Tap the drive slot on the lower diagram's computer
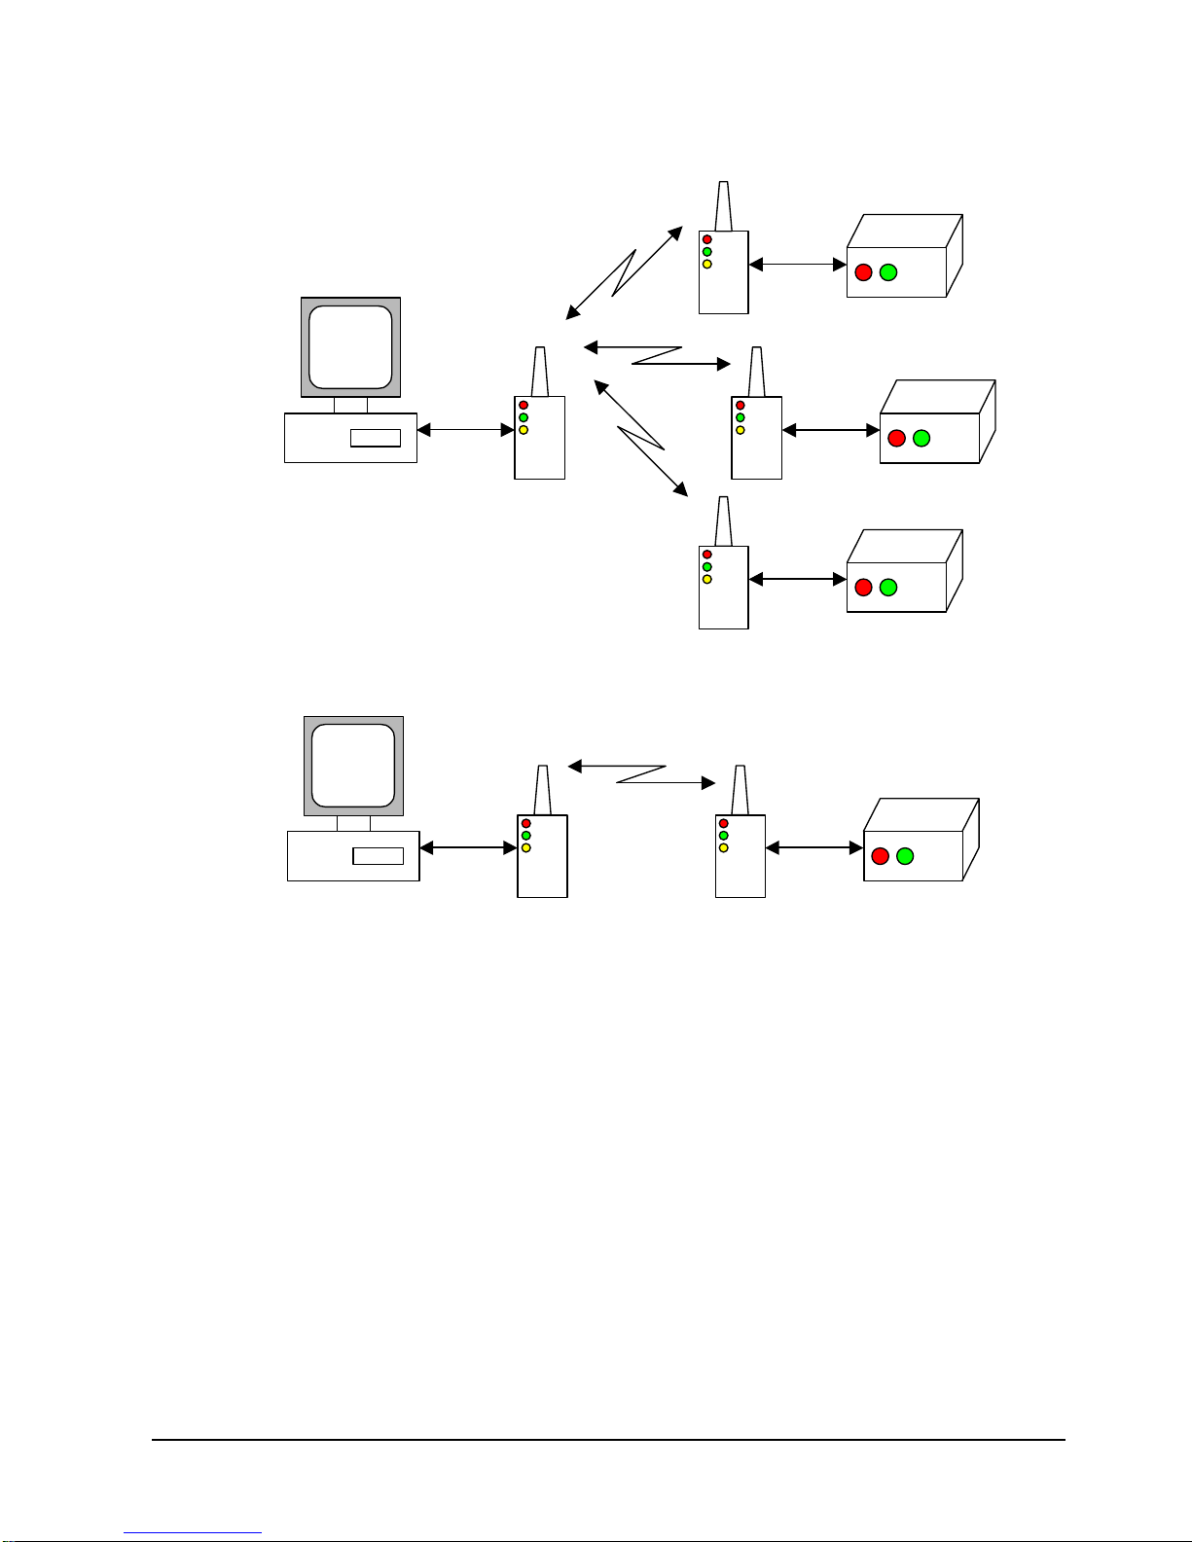coord(378,856)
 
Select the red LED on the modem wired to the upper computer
coord(524,405)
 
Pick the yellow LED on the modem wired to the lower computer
coord(526,847)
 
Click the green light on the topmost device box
coord(888,272)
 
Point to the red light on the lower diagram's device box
coord(881,856)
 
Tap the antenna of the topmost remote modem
coord(723,206)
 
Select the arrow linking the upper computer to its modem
coord(465,430)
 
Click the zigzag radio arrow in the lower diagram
coord(641,774)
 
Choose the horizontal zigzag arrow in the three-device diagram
coord(657,355)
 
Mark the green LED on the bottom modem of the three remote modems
coord(707,567)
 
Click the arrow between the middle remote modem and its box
coord(831,430)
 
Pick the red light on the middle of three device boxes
coord(897,438)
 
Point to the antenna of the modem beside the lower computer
coord(543,790)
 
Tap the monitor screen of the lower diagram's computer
coord(354,765)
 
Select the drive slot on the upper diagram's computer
coord(376,438)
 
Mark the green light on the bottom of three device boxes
coord(888,588)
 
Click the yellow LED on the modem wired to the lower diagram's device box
coord(724,847)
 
